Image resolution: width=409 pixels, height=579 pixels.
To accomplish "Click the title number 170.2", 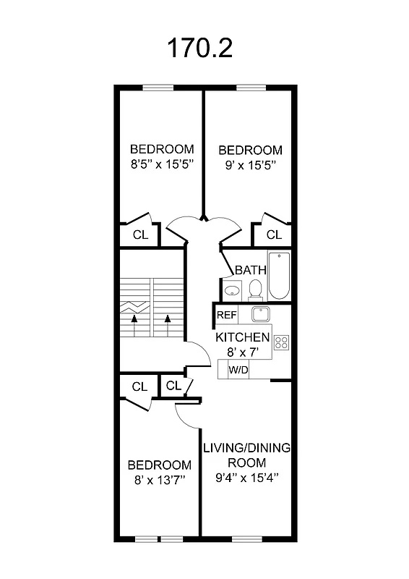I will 200,48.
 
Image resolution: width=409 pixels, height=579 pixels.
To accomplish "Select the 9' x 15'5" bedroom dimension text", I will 250,164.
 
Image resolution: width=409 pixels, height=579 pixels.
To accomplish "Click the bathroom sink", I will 231,291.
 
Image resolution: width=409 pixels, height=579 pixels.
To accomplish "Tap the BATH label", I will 251,270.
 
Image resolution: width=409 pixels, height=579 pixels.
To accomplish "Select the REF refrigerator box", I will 227,316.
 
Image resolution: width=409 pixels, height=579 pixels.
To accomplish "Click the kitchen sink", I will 259,315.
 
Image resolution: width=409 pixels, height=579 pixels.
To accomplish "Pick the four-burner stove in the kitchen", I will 281,342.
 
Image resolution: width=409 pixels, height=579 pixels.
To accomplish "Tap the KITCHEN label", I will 243,338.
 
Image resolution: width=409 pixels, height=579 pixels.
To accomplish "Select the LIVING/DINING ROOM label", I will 246,455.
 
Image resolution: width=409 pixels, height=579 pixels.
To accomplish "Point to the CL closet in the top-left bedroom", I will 140,235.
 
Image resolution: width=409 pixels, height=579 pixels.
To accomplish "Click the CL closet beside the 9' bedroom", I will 273,235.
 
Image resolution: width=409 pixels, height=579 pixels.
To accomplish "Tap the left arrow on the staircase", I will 134,323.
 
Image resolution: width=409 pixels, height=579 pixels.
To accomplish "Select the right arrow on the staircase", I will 168,323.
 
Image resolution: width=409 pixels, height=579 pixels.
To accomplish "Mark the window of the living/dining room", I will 246,538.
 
